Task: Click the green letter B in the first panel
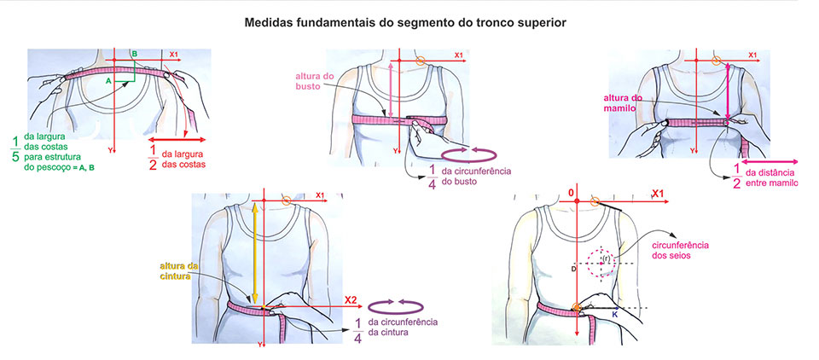(134, 55)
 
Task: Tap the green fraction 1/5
(15, 148)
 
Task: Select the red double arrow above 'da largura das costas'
(178, 138)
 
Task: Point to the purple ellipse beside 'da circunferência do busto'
(473, 154)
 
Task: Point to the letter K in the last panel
(613, 315)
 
